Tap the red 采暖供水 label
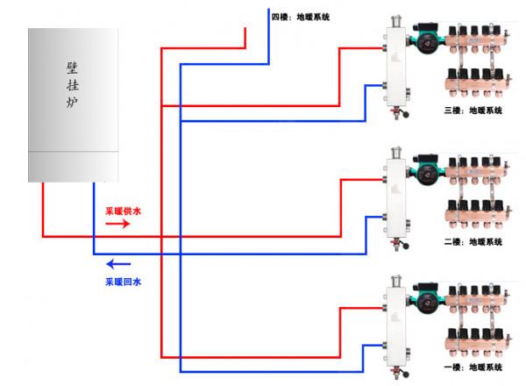pyautogui.click(x=123, y=211)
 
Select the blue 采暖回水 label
pyautogui.click(x=123, y=282)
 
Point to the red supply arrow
pyautogui.click(x=117, y=225)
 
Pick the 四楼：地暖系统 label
pyautogui.click(x=301, y=17)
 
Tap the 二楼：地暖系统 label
pyautogui.click(x=474, y=241)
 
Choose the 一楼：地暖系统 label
pyautogui.click(x=474, y=366)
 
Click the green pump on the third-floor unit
pyautogui.click(x=427, y=40)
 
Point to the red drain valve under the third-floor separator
pyautogui.click(x=399, y=112)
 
